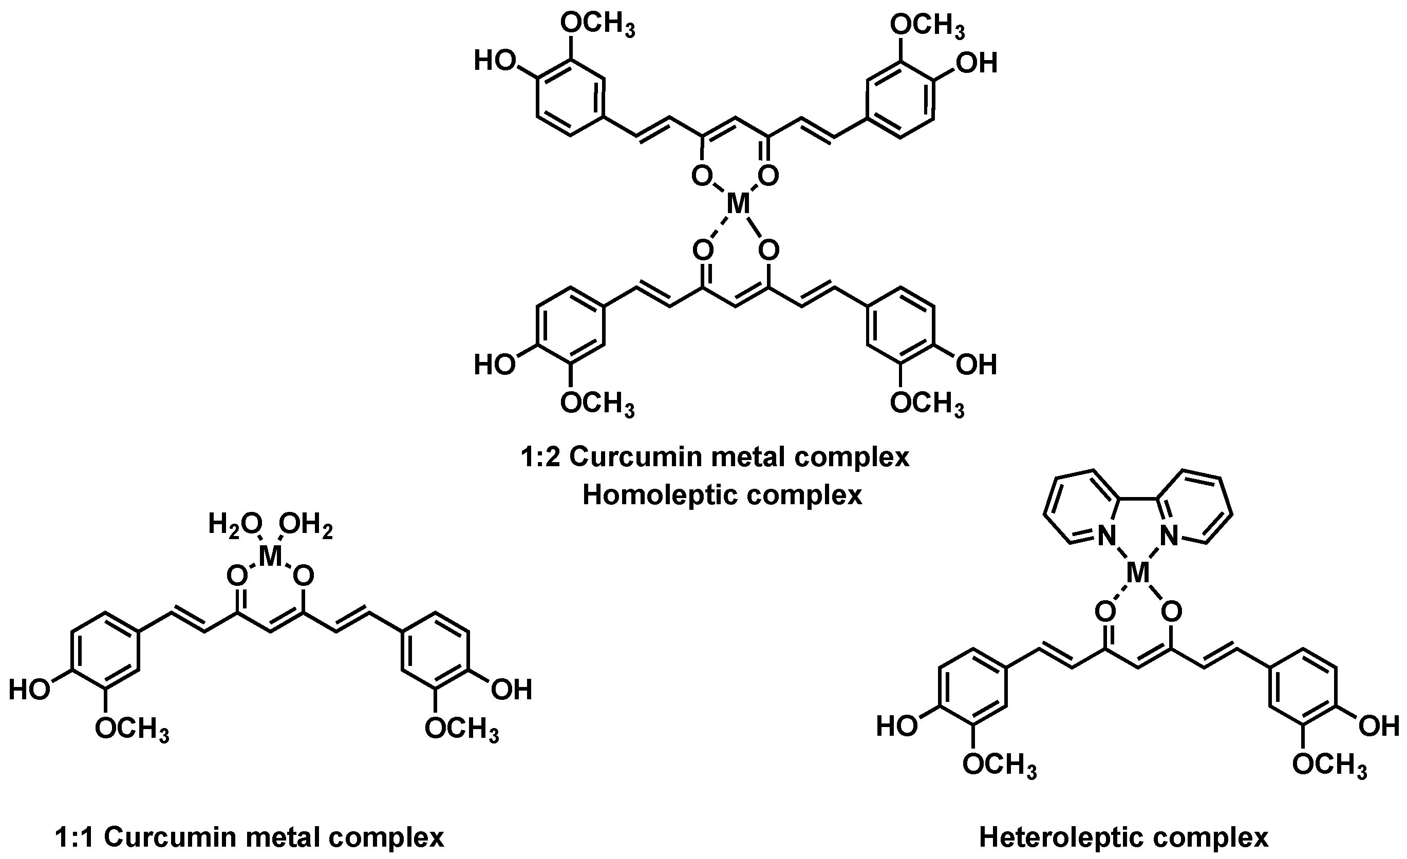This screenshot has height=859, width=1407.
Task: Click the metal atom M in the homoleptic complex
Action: (x=737, y=204)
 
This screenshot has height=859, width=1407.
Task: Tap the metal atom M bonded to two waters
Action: (x=270, y=556)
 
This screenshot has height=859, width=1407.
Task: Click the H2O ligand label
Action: (x=235, y=523)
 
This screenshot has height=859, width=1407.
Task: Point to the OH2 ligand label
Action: (x=306, y=523)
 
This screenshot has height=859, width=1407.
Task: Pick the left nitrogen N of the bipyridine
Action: (x=1106, y=536)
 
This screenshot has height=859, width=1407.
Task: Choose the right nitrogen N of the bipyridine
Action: (x=1169, y=536)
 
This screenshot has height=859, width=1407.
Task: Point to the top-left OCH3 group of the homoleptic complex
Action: (x=597, y=25)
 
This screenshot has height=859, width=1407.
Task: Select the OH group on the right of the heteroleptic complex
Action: (x=1379, y=727)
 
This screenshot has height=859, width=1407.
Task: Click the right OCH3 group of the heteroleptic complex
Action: (x=1329, y=765)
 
